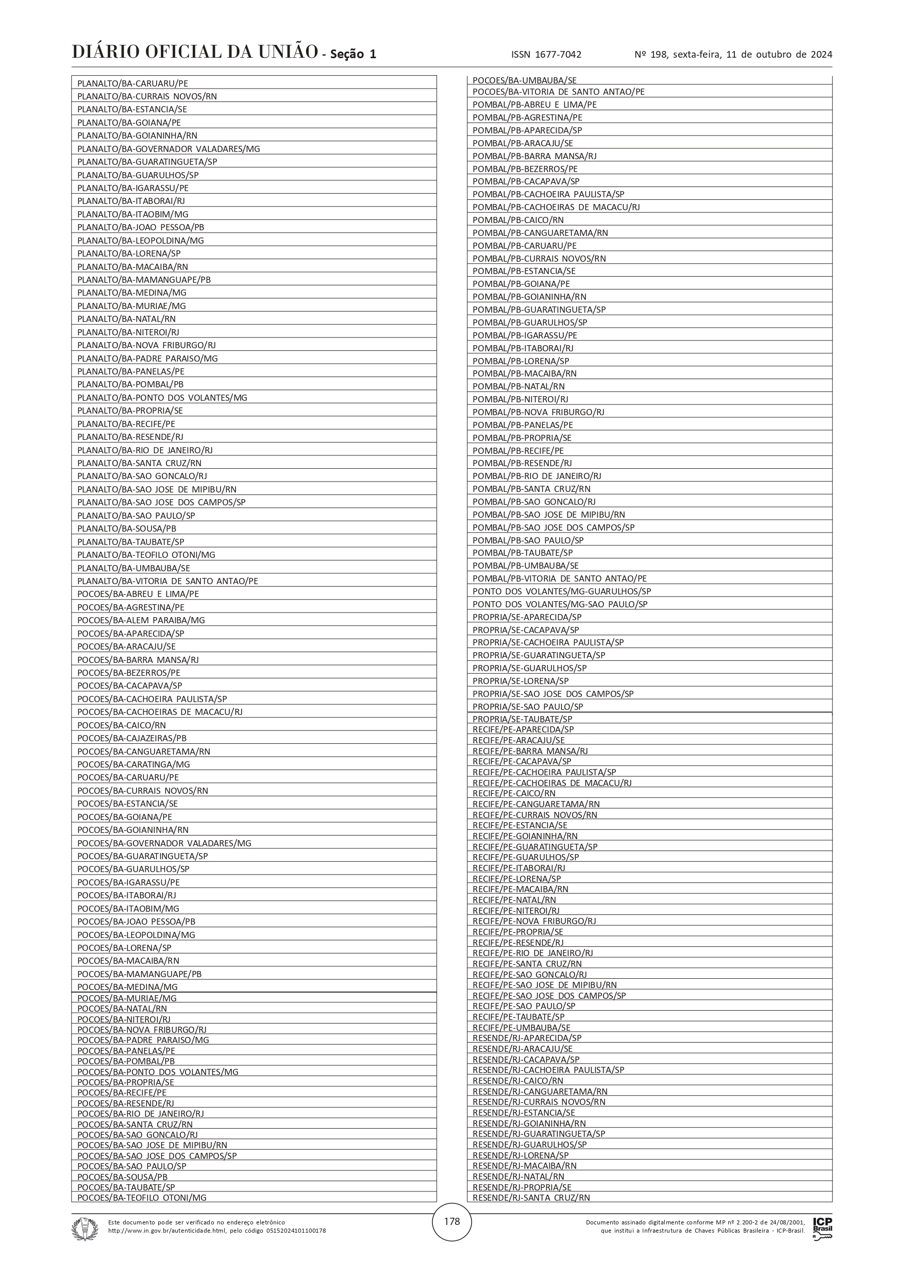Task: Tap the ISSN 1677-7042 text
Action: tap(546, 55)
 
